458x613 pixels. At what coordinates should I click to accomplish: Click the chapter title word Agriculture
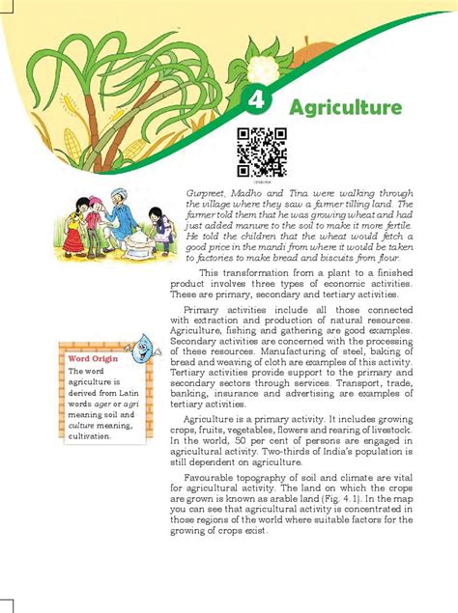pyautogui.click(x=344, y=106)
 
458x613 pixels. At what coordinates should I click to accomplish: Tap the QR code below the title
pyautogui.click(x=262, y=151)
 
